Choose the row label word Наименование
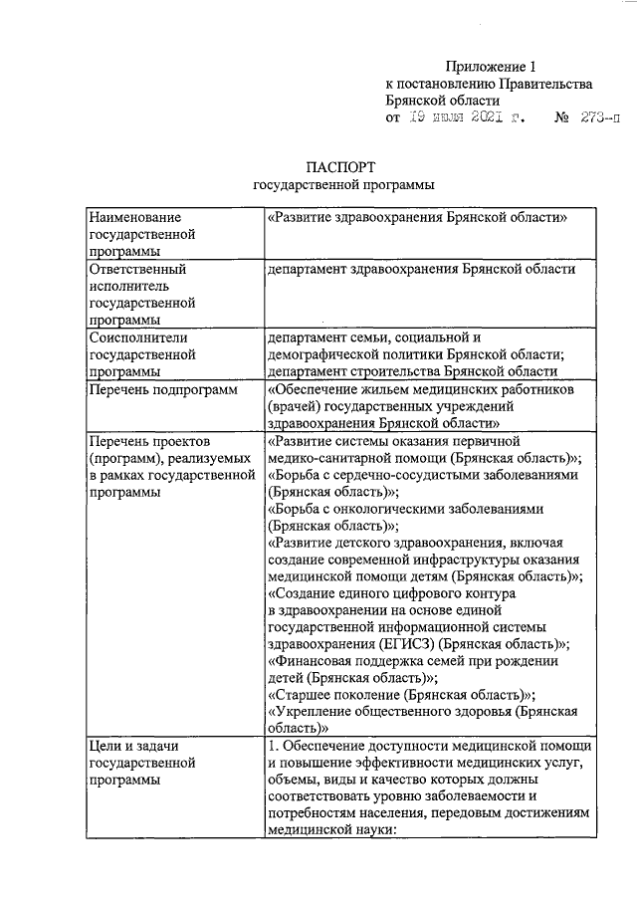134,216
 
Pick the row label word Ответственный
136,270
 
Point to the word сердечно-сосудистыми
394,475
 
